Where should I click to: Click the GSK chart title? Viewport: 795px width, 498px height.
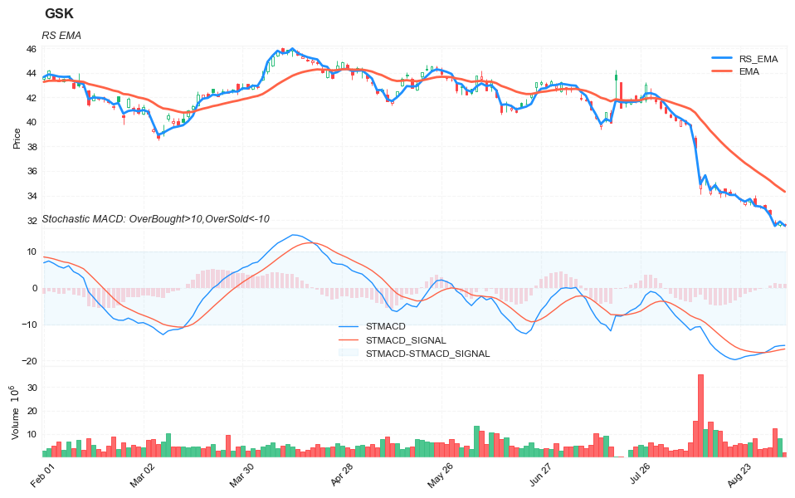point(59,14)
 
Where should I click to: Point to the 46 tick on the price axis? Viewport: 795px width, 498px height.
point(31,50)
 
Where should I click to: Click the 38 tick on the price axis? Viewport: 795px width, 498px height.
point(31,148)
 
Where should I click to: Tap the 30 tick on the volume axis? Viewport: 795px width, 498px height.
point(31,388)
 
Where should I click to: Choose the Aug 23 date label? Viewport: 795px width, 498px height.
point(739,479)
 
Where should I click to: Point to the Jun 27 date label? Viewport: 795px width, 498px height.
point(542,479)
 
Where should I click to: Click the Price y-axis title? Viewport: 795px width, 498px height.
point(17,137)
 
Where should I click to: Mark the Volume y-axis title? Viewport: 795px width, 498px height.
point(16,413)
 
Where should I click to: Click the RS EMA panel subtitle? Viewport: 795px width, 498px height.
point(61,35)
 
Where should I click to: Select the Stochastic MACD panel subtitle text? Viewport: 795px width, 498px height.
point(155,219)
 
